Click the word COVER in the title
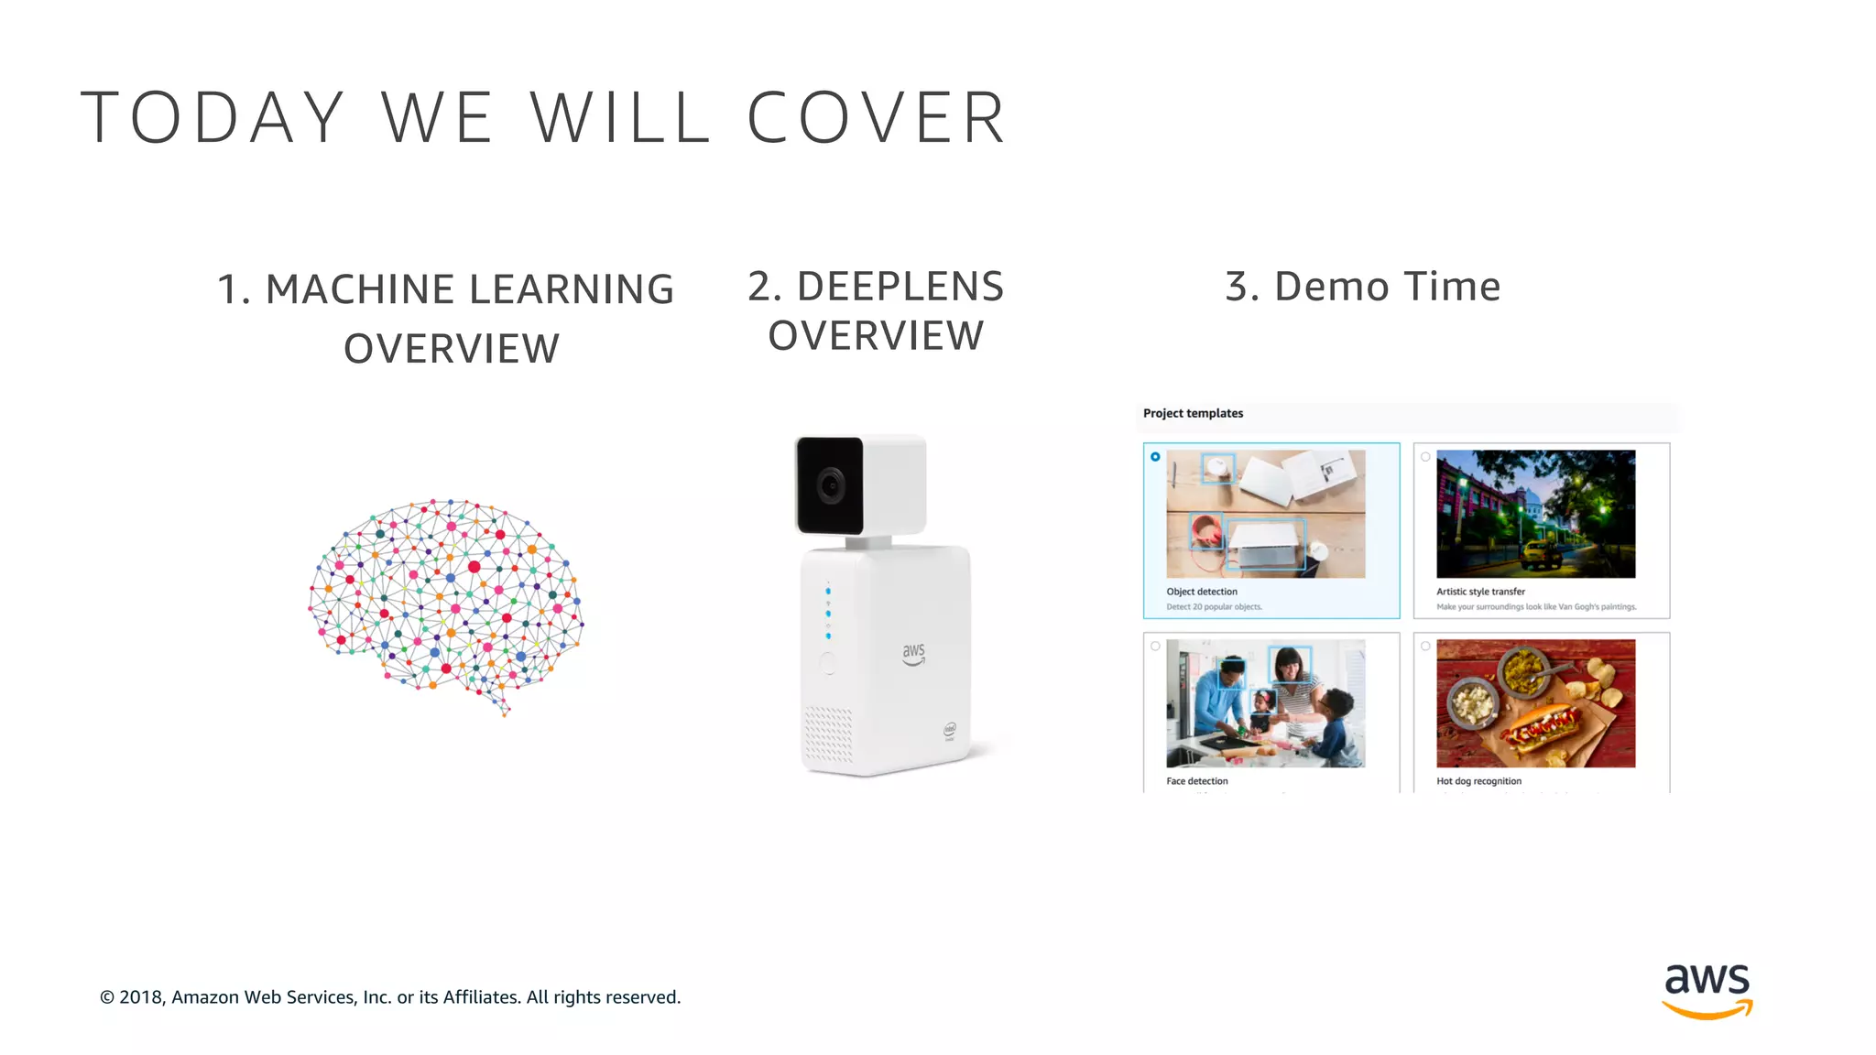click(x=877, y=118)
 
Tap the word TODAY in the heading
click(x=213, y=118)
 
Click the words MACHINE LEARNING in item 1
click(x=470, y=289)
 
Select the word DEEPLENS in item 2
click(x=900, y=287)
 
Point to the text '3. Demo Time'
click(x=1363, y=287)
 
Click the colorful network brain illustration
click(x=446, y=604)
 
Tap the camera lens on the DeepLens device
click(x=830, y=484)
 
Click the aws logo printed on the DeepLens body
click(x=913, y=653)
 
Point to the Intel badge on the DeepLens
click(x=950, y=731)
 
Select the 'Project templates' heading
click(x=1193, y=413)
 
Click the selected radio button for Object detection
click(x=1155, y=456)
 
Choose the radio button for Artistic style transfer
click(x=1425, y=456)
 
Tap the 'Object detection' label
click(x=1202, y=592)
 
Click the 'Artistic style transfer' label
click(x=1480, y=592)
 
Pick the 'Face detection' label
click(x=1197, y=781)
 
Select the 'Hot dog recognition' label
click(x=1478, y=781)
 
